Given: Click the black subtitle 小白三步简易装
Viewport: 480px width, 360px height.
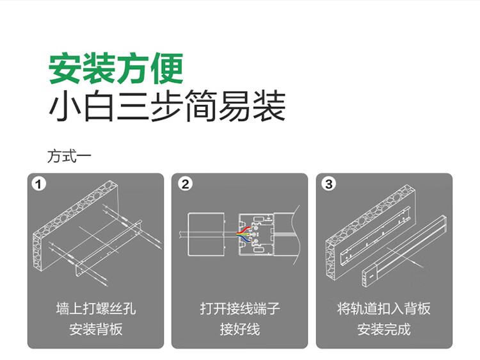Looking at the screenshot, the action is (x=167, y=106).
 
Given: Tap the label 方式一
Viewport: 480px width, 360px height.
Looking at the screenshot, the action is (x=69, y=156).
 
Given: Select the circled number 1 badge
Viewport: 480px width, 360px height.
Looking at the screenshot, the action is (x=38, y=184).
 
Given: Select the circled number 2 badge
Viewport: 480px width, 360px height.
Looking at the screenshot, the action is (x=185, y=184).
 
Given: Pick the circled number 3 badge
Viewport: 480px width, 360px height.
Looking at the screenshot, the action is (x=329, y=184).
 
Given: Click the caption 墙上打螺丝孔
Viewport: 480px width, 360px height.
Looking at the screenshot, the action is (x=96, y=309).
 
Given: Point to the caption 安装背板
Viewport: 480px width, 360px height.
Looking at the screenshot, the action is (x=96, y=329).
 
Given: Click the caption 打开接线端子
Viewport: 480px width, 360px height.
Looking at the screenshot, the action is (x=240, y=309).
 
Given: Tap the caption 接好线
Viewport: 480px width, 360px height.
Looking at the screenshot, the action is (x=240, y=329).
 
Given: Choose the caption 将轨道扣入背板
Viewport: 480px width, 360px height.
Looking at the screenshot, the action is (x=384, y=309).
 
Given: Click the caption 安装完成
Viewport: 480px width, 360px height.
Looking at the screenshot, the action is (x=384, y=329).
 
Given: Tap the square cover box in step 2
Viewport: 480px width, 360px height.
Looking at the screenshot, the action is (x=206, y=234).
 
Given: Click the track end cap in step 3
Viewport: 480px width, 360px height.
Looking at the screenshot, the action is (x=369, y=275).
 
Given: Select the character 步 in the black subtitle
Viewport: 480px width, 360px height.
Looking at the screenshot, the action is (x=167, y=106).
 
